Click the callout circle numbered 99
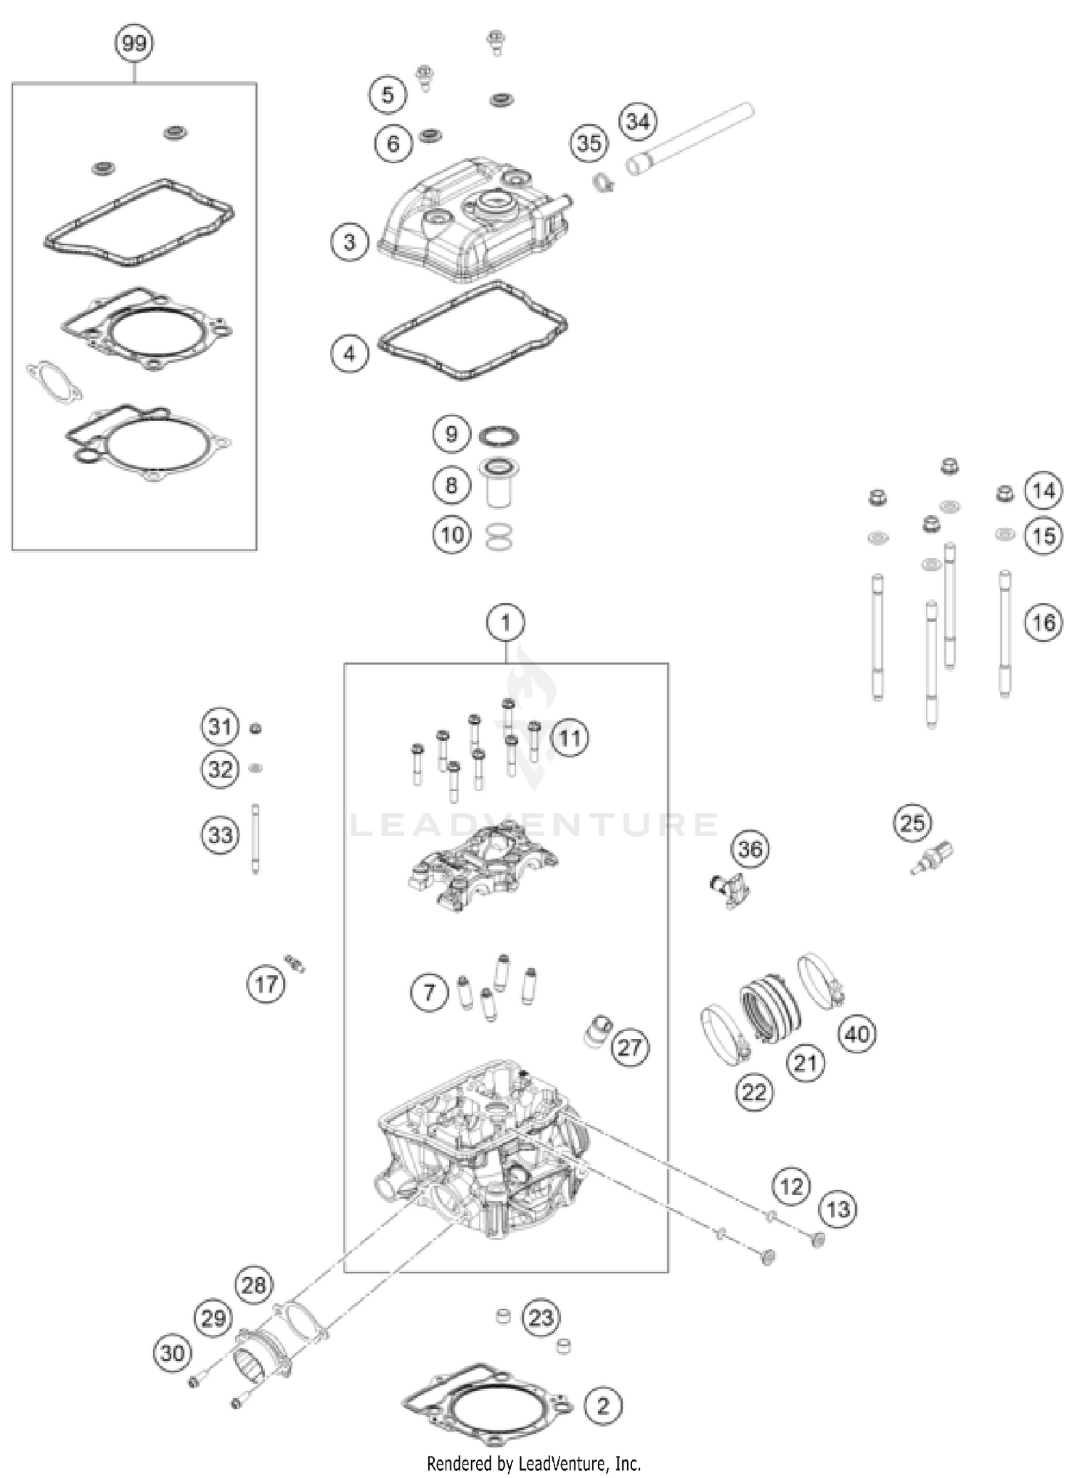pyautogui.click(x=134, y=43)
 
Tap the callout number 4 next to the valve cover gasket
pyautogui.click(x=349, y=353)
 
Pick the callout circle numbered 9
pyautogui.click(x=451, y=434)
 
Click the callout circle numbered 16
pyautogui.click(x=1043, y=623)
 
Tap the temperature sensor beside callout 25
pyautogui.click(x=932, y=858)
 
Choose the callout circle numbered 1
pyautogui.click(x=505, y=623)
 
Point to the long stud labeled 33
pyautogui.click(x=255, y=837)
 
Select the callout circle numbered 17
pyautogui.click(x=266, y=984)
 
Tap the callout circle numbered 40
pyautogui.click(x=857, y=1033)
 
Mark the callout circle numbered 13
pyautogui.click(x=838, y=1209)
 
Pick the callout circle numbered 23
pyautogui.click(x=540, y=1317)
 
